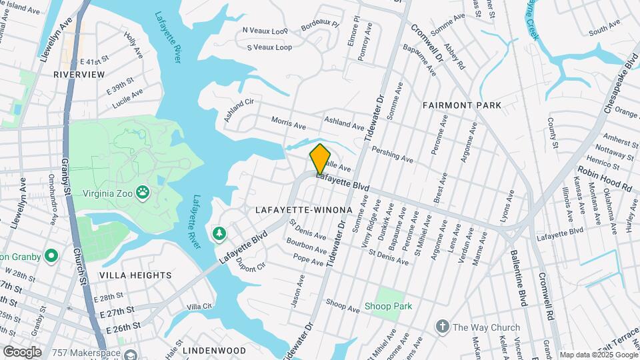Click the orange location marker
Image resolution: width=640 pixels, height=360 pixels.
(320, 158)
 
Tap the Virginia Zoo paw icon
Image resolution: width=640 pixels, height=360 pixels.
(142, 193)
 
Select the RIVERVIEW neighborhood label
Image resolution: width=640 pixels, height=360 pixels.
(79, 75)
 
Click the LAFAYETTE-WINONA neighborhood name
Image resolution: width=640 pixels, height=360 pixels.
(303, 210)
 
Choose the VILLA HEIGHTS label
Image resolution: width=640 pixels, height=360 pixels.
(135, 275)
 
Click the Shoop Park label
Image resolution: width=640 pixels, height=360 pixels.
(388, 307)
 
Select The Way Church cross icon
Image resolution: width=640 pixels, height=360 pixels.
(441, 327)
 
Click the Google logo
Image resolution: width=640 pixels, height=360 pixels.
(21, 351)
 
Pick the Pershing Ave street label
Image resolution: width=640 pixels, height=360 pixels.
(392, 154)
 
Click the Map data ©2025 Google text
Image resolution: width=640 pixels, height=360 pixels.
(599, 355)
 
